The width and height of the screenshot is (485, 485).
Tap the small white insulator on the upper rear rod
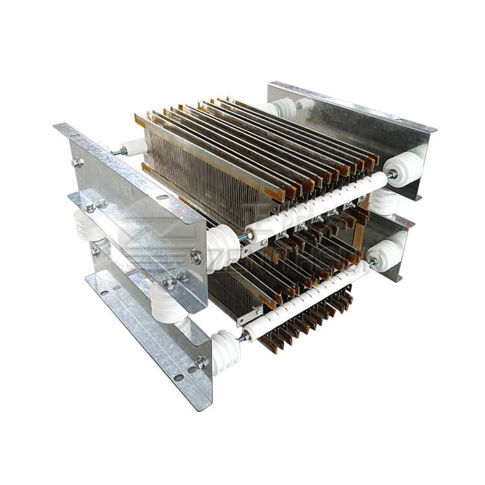click(133, 148)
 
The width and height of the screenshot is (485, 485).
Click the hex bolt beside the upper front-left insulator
click(195, 257)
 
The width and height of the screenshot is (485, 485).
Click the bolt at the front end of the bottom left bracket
click(201, 363)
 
